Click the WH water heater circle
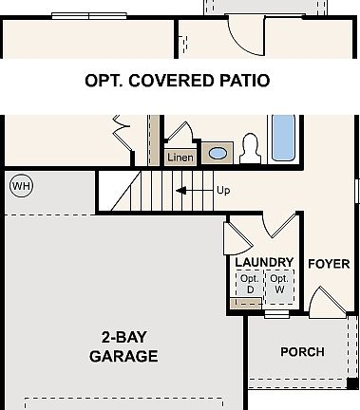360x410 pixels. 20,186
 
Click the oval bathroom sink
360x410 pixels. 218,153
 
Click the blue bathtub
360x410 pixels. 283,139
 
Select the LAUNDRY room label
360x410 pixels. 264,263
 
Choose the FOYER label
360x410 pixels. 329,263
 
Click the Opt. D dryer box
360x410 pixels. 251,284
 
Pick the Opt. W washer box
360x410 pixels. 279,284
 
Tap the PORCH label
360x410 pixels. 302,352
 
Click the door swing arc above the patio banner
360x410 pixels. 247,38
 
